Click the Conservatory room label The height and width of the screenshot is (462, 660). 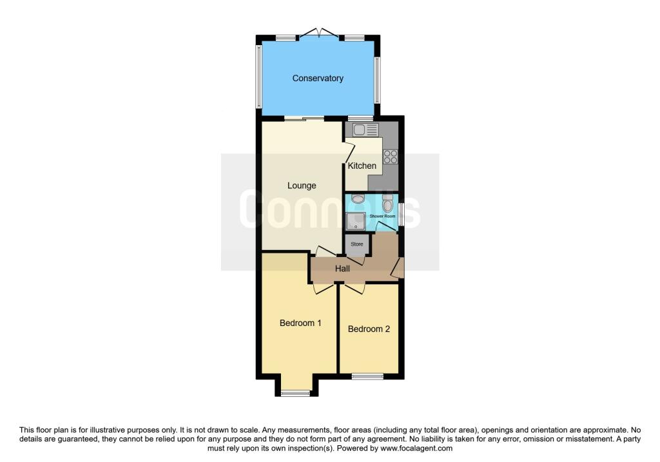click(x=318, y=78)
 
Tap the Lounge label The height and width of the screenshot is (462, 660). click(x=302, y=186)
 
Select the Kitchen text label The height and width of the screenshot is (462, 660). click(x=362, y=166)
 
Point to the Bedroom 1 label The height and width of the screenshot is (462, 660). click(x=300, y=323)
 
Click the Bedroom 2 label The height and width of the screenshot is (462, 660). click(x=369, y=329)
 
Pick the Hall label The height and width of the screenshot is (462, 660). click(x=343, y=269)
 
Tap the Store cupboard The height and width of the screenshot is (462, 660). click(x=357, y=244)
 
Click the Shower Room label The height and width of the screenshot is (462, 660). click(x=382, y=217)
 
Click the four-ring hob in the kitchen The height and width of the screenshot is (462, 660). click(x=390, y=157)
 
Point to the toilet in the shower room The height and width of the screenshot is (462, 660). click(x=387, y=202)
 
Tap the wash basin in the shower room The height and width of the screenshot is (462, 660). click(x=358, y=198)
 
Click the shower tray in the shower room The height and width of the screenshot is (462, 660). click(x=356, y=221)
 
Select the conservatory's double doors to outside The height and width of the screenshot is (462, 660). click(x=319, y=34)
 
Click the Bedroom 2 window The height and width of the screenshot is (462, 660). click(x=367, y=376)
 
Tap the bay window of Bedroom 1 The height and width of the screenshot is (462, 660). click(x=295, y=394)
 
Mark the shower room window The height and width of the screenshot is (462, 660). click(x=401, y=214)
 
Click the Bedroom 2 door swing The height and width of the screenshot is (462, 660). click(x=354, y=289)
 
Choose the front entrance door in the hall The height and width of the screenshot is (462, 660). click(x=397, y=267)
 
